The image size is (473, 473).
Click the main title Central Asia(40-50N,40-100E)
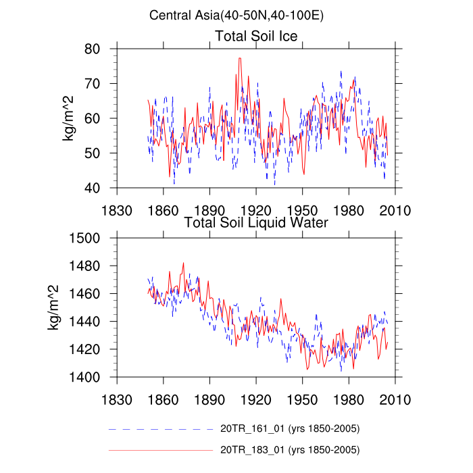(x=237, y=15)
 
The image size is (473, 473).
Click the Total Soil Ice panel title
(x=256, y=35)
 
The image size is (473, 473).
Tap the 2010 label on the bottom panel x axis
(x=395, y=399)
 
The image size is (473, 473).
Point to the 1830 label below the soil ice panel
(x=117, y=210)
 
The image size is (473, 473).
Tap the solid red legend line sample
(x=160, y=449)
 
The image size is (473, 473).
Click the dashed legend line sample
(x=160, y=429)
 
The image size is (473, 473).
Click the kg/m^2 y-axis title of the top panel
(x=68, y=118)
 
